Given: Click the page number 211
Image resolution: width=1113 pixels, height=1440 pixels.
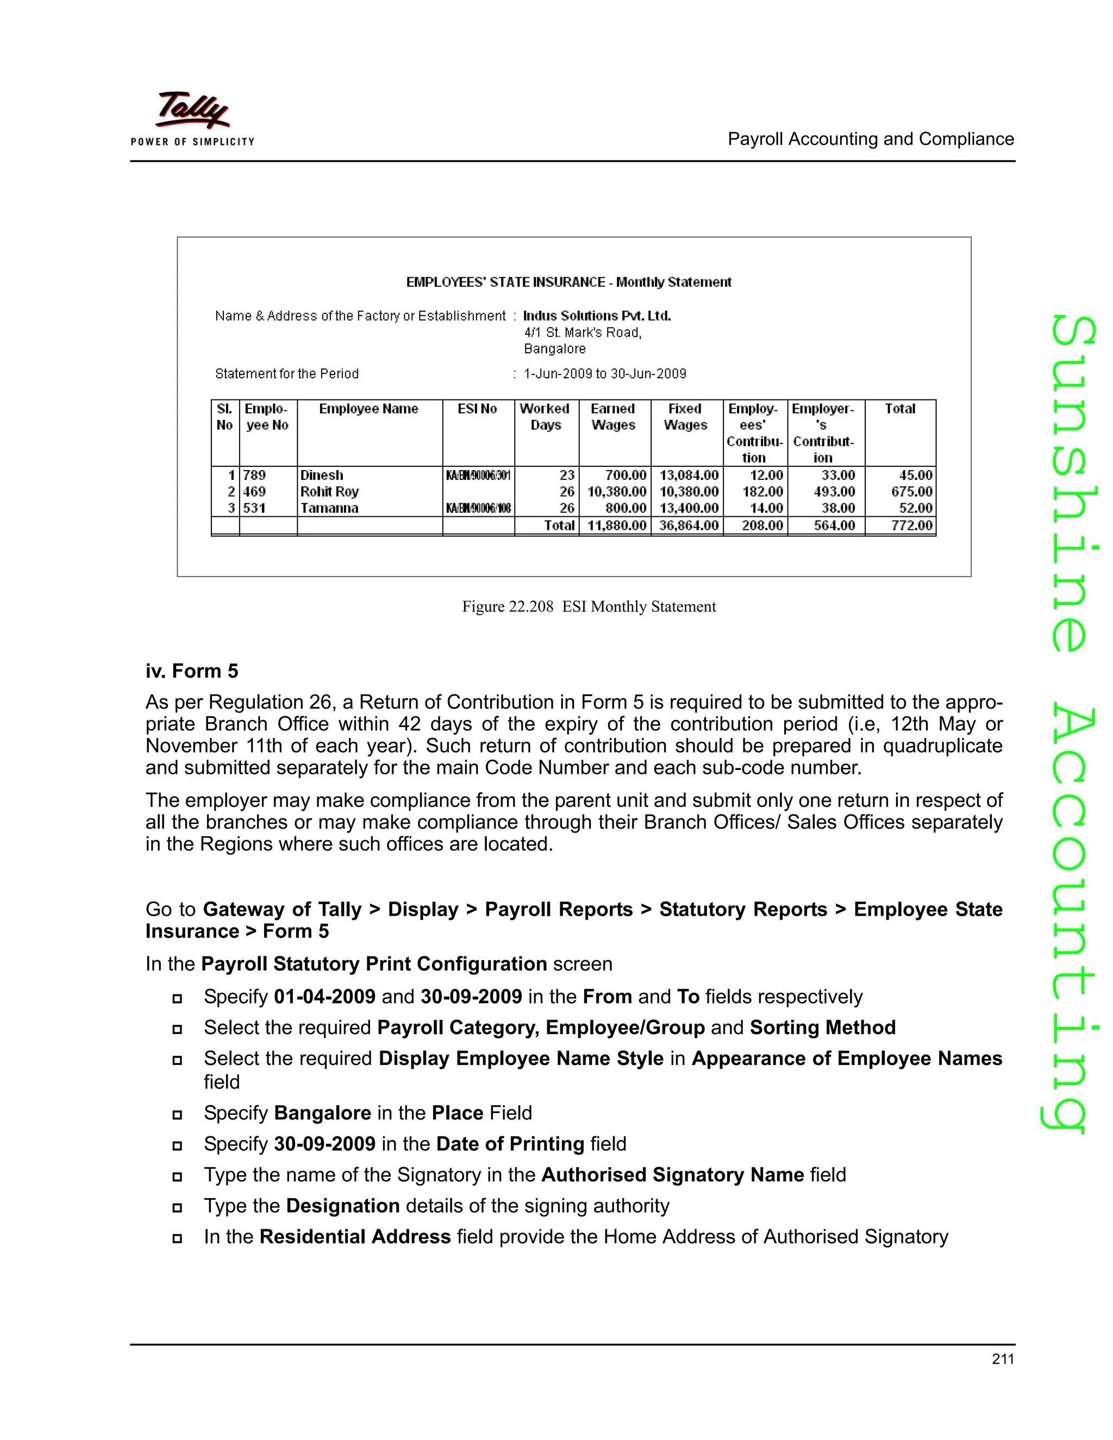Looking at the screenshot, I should pyautogui.click(x=1002, y=1359).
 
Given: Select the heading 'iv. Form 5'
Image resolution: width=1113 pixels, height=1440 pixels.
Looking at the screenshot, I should pyautogui.click(x=192, y=671).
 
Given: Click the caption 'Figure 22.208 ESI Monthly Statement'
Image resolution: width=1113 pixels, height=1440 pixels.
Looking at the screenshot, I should pyautogui.click(x=588, y=606).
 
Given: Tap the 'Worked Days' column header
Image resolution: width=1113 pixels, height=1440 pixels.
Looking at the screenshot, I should pyautogui.click(x=545, y=417).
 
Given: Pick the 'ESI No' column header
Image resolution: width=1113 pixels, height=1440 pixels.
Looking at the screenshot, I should pyautogui.click(x=477, y=409).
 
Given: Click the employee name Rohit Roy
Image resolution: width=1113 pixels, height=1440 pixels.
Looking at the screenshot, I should pyautogui.click(x=330, y=492).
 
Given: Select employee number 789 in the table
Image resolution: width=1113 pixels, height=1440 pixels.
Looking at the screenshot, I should pyautogui.click(x=254, y=475).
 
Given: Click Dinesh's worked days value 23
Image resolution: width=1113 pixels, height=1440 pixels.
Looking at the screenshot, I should pyautogui.click(x=567, y=475).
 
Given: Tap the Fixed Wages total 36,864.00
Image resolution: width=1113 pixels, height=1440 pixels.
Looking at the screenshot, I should pyautogui.click(x=689, y=525).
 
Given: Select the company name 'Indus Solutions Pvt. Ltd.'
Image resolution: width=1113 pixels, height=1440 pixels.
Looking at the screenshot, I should pyautogui.click(x=597, y=316).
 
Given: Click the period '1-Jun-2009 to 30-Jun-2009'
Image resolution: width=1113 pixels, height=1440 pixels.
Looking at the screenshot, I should pyautogui.click(x=605, y=374).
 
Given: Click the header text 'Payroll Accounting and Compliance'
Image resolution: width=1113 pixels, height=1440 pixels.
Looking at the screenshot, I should pyautogui.click(x=871, y=139).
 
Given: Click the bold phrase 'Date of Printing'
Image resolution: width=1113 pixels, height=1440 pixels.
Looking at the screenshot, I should pyautogui.click(x=510, y=1143).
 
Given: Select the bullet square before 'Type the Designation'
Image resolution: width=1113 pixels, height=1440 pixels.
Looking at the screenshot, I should pyautogui.click(x=177, y=1208).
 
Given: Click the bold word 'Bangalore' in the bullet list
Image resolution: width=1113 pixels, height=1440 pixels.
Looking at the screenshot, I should pyautogui.click(x=322, y=1112).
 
